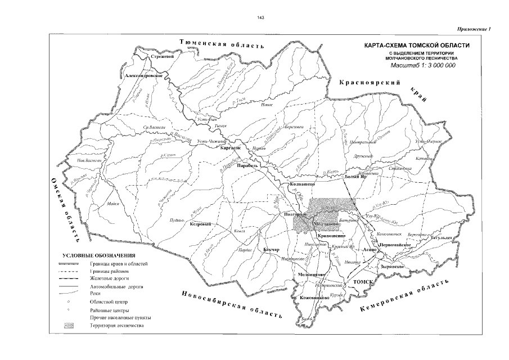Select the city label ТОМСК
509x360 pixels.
356,280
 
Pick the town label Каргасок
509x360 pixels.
231,147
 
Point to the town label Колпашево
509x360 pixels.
300,184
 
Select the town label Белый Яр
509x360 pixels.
355,177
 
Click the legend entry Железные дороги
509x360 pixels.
107,278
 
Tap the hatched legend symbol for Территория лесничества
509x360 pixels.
67,326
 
